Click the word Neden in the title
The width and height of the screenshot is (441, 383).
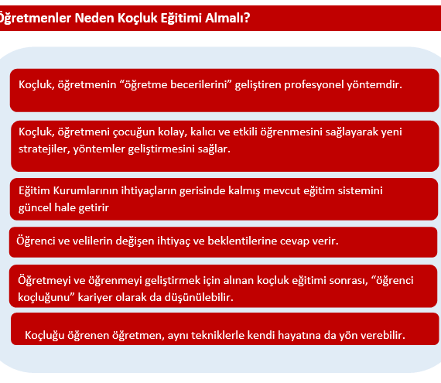[x=94, y=18]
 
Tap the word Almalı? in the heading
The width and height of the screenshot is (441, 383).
[x=227, y=18]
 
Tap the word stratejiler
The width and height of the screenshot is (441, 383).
[x=44, y=149]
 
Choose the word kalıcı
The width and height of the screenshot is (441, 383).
[x=203, y=132]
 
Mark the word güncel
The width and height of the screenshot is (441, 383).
[x=35, y=208]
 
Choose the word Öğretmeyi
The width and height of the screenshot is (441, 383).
[x=43, y=280]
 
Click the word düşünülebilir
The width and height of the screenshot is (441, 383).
[x=199, y=297]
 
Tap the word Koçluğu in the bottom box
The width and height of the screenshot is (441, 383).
[x=45, y=336]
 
